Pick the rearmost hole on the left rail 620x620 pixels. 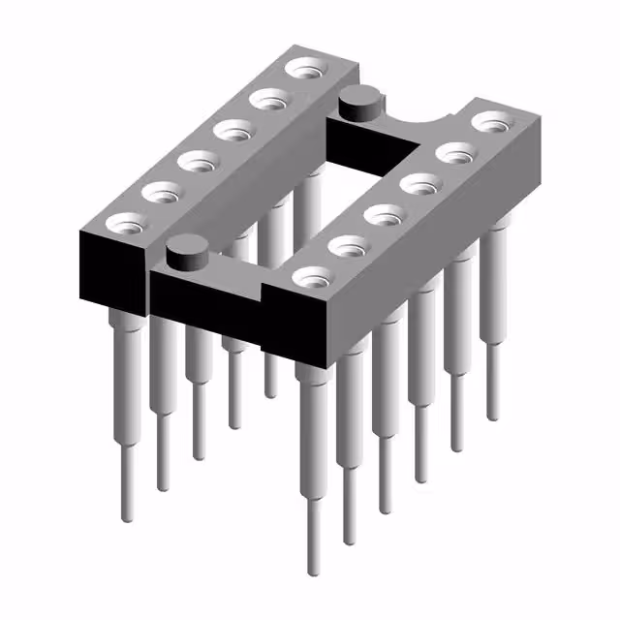tap(308, 69)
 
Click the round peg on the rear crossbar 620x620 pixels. tap(357, 101)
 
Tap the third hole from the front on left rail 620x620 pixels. tap(198, 161)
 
